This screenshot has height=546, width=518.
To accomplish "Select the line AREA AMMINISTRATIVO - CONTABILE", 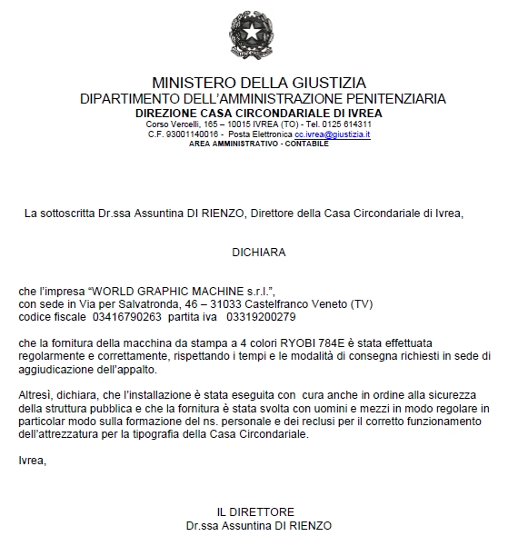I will point(259,144).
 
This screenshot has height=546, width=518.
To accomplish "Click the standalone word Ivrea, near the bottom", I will point(32,461).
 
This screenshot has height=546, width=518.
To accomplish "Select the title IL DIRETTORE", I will point(256,512).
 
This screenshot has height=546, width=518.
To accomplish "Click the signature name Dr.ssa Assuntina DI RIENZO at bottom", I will point(258,525).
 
